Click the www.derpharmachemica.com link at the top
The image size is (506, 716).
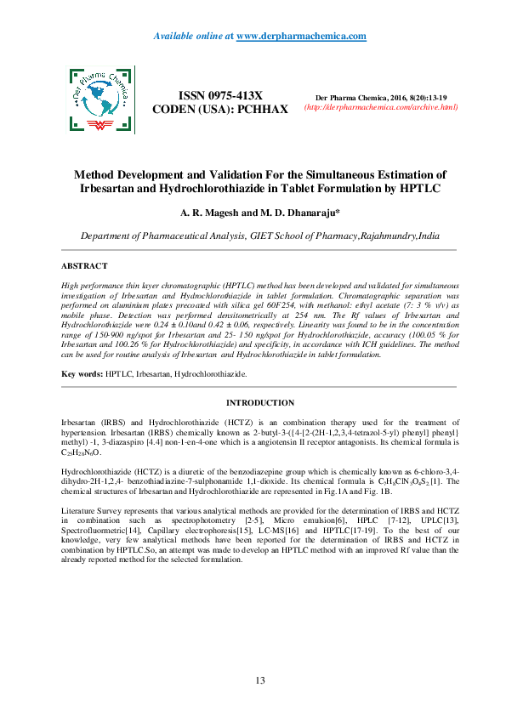pyautogui.click(x=301, y=36)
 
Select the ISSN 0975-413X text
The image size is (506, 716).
pyautogui.click(x=220, y=96)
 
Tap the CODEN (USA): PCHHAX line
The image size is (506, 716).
pyautogui.click(x=220, y=110)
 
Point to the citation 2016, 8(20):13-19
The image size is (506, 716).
pyautogui.click(x=416, y=98)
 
